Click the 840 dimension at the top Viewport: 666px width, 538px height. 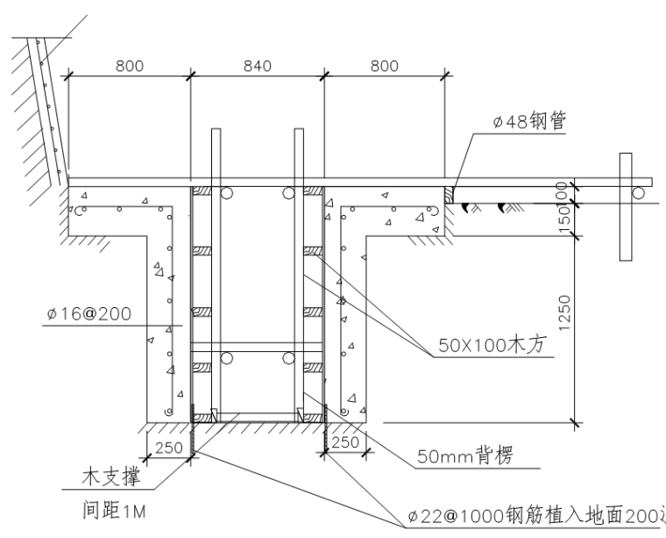coord(257,66)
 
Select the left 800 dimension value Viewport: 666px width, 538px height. coord(128,66)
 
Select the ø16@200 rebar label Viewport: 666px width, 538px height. coord(89,312)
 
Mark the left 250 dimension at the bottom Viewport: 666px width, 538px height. coord(168,448)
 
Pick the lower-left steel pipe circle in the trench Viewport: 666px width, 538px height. coord(227,358)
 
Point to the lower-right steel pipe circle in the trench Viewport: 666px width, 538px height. coord(288,358)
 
